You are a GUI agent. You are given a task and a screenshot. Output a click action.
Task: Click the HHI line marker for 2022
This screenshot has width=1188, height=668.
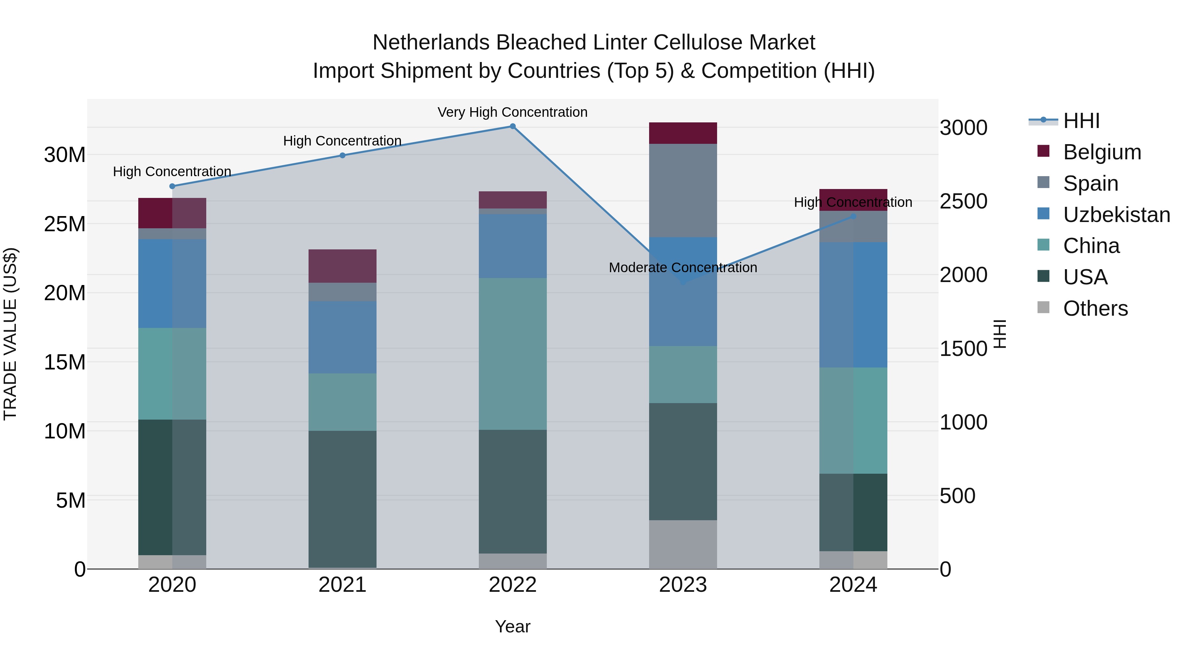(512, 126)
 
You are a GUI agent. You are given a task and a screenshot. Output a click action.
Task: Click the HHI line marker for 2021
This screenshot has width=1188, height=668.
(342, 155)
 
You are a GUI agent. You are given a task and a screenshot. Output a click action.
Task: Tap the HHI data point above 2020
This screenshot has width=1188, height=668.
(172, 186)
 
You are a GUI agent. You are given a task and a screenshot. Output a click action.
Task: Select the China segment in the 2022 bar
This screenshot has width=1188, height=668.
(512, 354)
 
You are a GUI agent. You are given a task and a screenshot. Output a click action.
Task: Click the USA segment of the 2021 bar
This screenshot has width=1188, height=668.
(342, 499)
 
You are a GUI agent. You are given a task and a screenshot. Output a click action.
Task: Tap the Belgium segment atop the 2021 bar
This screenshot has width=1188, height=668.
(342, 266)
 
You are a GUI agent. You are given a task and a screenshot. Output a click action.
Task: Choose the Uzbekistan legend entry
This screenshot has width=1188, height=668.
(1116, 215)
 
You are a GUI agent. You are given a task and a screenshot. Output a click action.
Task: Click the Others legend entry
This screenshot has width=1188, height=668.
(1095, 308)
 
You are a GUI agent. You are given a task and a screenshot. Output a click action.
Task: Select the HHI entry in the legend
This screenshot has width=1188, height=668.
(1081, 121)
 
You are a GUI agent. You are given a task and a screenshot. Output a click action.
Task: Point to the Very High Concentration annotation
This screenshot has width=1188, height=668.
(512, 112)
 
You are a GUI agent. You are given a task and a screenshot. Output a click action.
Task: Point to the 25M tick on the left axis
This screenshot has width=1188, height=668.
(65, 224)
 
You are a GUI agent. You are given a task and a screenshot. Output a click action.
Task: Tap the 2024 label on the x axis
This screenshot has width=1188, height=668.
(853, 585)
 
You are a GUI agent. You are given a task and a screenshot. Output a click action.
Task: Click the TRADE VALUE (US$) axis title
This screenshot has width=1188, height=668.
(10, 334)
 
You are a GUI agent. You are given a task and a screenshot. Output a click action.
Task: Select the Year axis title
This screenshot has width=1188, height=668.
(512, 626)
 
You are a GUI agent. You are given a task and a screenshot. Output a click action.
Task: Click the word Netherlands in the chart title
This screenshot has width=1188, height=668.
(431, 43)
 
